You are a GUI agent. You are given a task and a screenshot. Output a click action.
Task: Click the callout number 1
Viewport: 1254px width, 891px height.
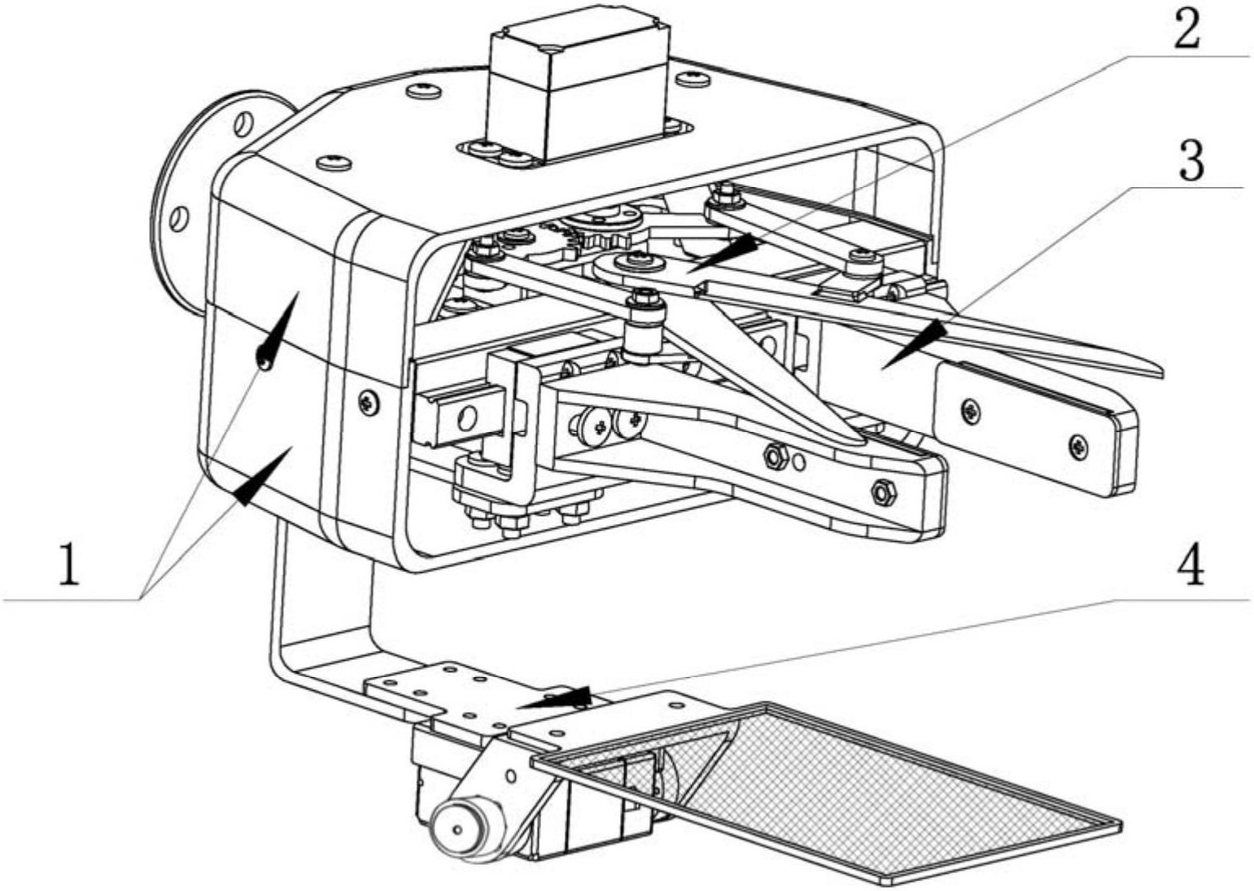71,566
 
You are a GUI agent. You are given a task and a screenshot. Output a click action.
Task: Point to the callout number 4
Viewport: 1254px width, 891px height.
1190,566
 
